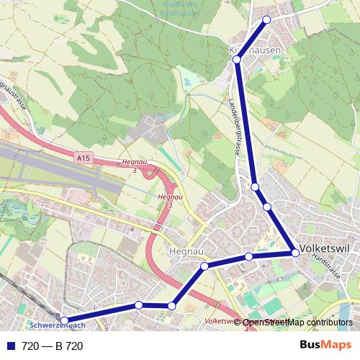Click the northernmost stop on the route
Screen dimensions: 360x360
pos(267,19)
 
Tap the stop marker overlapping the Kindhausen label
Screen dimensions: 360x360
pos(236,60)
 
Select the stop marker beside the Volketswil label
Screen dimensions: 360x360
pos(295,253)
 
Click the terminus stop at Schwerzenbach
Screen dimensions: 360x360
pos(64,320)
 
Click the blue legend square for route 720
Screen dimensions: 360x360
pos(10,346)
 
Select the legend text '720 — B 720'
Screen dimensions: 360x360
pos(53,346)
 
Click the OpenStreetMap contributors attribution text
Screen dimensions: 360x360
pos(297,323)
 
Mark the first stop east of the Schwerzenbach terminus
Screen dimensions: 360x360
pos(138,305)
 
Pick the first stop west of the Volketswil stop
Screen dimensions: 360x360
pos(248,257)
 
